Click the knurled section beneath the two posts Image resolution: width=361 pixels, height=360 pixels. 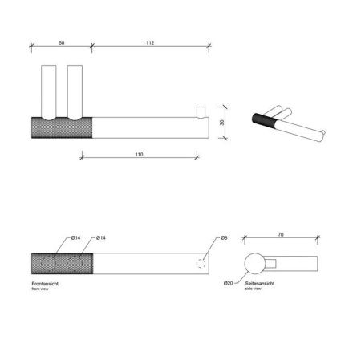63,127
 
